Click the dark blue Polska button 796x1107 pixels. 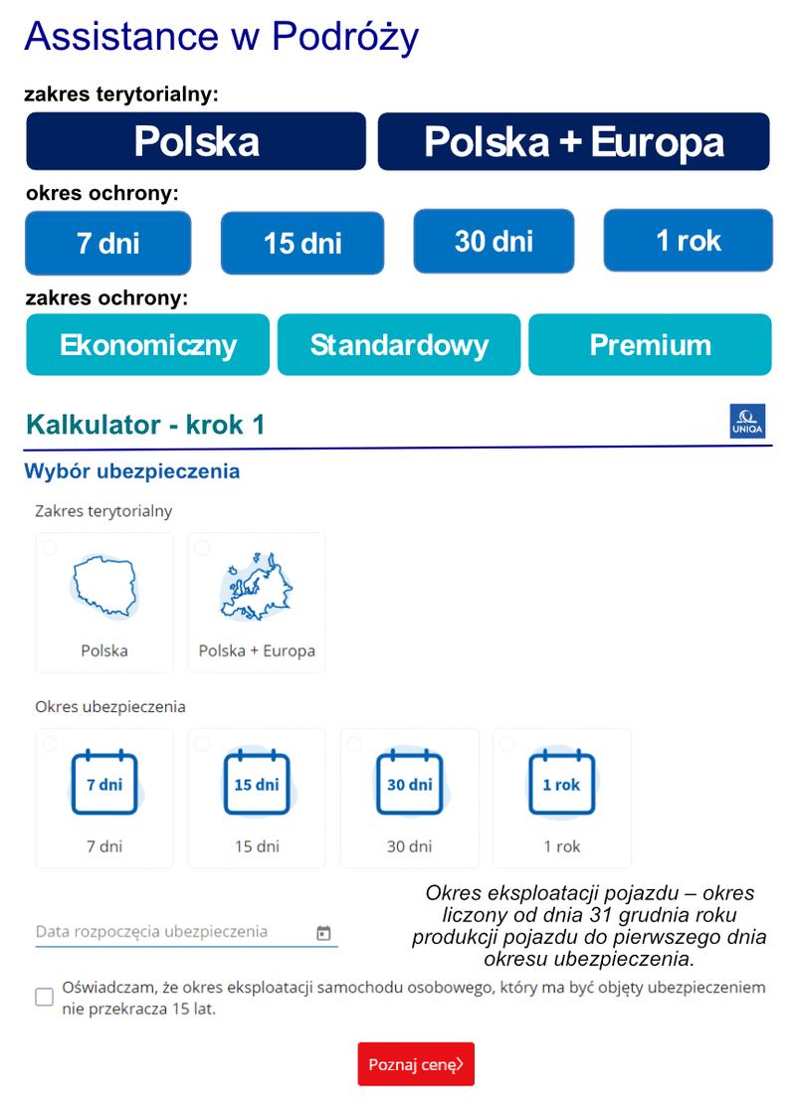tap(196, 141)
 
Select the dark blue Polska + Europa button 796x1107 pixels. tap(573, 141)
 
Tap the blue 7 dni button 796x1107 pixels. tap(107, 243)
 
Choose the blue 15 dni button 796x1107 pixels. tap(301, 243)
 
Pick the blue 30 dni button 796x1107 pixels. tap(494, 241)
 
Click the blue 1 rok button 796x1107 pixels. tap(688, 240)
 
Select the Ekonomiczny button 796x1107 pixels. tap(147, 345)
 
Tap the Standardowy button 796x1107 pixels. tap(399, 345)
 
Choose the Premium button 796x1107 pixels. tap(650, 345)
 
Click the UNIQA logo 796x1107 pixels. tap(748, 422)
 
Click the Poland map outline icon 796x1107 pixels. tap(103, 588)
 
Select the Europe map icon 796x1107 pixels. tap(256, 588)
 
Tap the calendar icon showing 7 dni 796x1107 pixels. tap(103, 784)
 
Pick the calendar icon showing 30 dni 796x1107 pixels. tap(409, 784)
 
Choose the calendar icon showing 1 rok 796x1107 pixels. tap(561, 784)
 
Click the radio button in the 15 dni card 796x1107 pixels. tap(203, 744)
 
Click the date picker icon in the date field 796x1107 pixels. tap(323, 933)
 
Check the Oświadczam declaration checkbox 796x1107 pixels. tap(45, 997)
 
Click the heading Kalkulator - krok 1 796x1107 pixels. tap(145, 425)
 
